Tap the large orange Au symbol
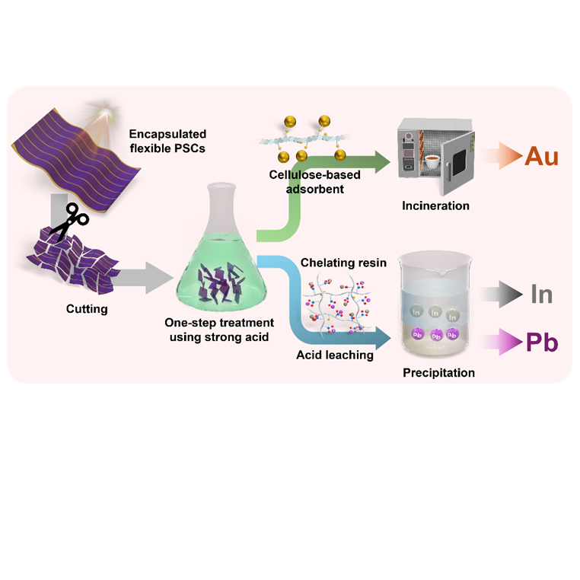pos(541,156)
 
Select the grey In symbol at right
pos(541,295)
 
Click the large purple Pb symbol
pos(542,343)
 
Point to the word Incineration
pos(435,206)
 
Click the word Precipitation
pos(438,372)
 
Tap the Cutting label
pos(87,309)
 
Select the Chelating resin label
pos(343,263)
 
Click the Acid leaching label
pos(335,355)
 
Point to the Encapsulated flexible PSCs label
pos(167,141)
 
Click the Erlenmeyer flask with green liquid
pos(222,251)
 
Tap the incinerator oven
pos(435,156)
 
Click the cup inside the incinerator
pos(432,161)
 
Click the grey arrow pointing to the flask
pos(143,278)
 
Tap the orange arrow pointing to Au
pos(501,156)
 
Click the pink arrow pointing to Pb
pos(502,342)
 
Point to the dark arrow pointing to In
pos(502,295)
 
